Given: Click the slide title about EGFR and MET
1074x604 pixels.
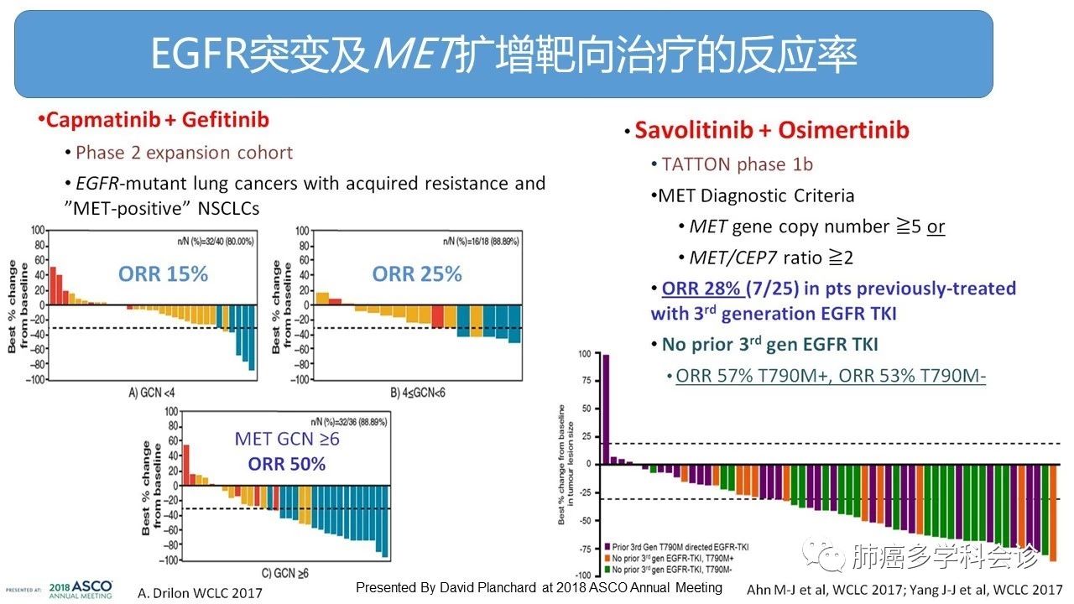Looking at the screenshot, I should [x=503, y=54].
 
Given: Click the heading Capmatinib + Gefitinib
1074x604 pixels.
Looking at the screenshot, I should [x=157, y=120].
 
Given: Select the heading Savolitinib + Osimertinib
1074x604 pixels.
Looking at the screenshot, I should [x=771, y=130].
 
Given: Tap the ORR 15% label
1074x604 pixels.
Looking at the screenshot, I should [x=163, y=274].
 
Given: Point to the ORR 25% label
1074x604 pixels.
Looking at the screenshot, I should [x=417, y=274].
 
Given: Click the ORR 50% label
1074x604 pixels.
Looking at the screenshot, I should [x=286, y=464].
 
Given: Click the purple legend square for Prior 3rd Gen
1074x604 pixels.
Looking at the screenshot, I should [x=606, y=546].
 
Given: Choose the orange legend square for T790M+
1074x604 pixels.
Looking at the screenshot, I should [x=606, y=557].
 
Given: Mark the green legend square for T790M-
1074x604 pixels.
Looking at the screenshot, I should [x=606, y=568].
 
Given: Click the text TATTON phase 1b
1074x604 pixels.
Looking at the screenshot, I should [x=737, y=164].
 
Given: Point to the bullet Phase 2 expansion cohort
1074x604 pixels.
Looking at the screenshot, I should [x=184, y=153].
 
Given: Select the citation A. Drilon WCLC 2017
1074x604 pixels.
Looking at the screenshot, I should [x=200, y=592].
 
